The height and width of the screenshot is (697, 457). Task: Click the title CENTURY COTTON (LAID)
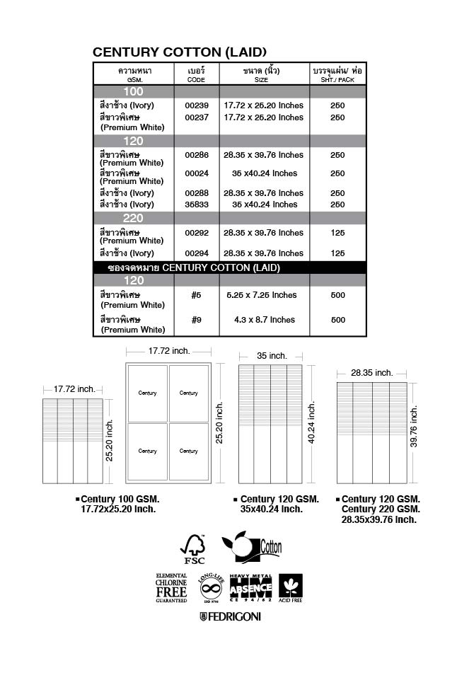180,52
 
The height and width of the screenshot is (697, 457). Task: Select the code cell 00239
197,105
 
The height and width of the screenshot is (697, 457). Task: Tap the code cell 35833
197,205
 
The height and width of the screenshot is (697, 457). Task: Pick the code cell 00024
197,173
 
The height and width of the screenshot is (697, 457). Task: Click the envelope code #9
197,320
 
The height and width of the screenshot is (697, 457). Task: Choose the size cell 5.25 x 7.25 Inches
265,295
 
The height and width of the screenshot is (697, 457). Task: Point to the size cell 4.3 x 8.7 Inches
265,320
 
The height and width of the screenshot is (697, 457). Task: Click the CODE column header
197,75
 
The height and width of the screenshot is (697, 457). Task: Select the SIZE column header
262,75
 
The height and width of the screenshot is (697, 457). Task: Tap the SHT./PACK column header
337,75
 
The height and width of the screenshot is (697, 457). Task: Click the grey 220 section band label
134,218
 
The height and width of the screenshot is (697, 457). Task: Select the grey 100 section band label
134,92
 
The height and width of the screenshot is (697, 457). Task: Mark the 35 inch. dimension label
272,356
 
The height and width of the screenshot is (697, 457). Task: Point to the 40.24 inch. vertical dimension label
312,422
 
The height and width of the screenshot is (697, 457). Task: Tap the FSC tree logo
193,549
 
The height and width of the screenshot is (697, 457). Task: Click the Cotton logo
253,548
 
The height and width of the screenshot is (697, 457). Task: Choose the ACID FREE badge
291,588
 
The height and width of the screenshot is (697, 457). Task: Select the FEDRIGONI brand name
230,617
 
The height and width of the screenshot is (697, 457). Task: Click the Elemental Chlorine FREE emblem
171,588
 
